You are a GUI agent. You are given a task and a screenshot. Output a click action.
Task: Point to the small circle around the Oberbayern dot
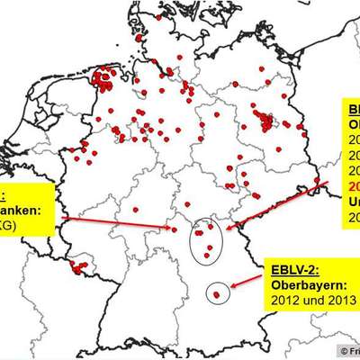coord(216,292)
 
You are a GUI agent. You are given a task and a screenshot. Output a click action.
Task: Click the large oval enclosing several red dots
coord(207,238)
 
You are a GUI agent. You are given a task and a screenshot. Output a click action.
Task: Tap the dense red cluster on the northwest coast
coord(105,78)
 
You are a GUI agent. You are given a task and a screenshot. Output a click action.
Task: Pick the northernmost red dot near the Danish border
coord(159,16)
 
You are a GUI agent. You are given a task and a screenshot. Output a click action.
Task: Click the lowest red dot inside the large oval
coord(206,255)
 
